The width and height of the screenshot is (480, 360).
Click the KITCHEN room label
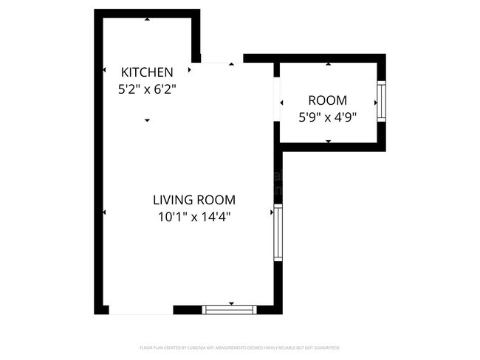147,72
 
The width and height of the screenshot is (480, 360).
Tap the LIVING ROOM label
194,199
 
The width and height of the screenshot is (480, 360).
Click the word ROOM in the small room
327,101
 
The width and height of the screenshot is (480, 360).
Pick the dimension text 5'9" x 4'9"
327,116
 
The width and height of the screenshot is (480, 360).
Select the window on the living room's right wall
278,233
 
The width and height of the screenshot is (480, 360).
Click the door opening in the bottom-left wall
140,311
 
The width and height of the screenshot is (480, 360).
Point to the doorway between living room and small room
276,97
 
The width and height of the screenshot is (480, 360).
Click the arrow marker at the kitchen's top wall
147,18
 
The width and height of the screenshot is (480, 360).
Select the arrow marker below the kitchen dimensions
147,120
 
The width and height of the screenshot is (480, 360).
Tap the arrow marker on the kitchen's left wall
104,70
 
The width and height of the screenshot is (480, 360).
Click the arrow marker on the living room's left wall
104,212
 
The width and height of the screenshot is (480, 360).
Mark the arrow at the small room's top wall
328,64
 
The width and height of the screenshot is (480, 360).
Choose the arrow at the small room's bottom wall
328,140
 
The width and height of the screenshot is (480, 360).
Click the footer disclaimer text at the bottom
239,347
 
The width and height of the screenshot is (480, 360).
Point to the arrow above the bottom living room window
231,303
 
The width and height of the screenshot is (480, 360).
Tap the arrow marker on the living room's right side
271,212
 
